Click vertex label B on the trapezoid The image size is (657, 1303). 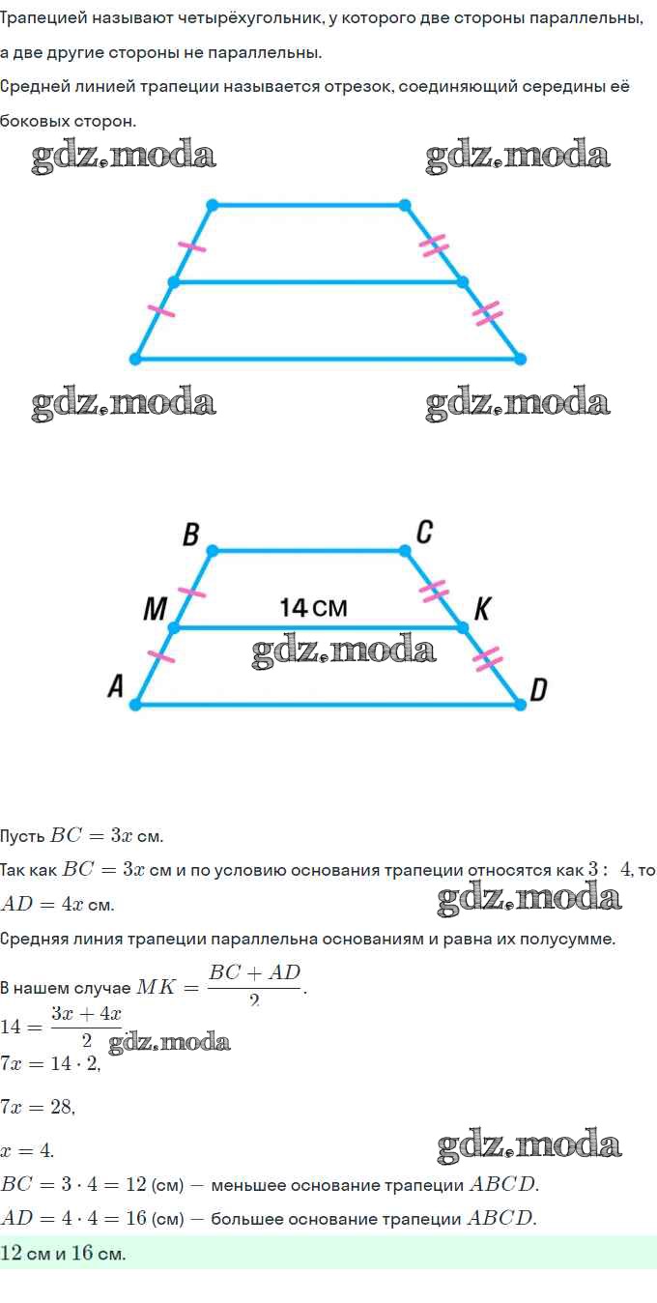click(x=190, y=535)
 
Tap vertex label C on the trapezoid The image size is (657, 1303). click(x=424, y=532)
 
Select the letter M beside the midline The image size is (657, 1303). click(x=156, y=609)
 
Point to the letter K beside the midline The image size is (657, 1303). click(x=482, y=609)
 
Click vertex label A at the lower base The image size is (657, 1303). click(x=116, y=686)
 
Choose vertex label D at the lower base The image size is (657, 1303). click(x=538, y=690)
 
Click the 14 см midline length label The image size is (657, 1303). click(x=313, y=608)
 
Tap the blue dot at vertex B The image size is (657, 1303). click(x=213, y=550)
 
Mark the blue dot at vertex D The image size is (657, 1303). click(x=521, y=705)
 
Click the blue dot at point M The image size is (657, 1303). click(x=174, y=627)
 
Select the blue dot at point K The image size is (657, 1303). click(x=462, y=627)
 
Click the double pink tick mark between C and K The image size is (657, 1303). click(x=434, y=591)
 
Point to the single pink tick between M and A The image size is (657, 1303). click(x=161, y=656)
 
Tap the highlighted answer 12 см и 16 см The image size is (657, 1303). click(x=63, y=1253)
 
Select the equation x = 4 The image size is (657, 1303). click(x=27, y=1150)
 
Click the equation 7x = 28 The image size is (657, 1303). click(x=38, y=1107)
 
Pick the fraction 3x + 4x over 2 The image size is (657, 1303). click(x=87, y=1027)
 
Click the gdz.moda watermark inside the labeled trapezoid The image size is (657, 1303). click(x=344, y=651)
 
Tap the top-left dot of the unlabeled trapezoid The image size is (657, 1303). click(x=213, y=205)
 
